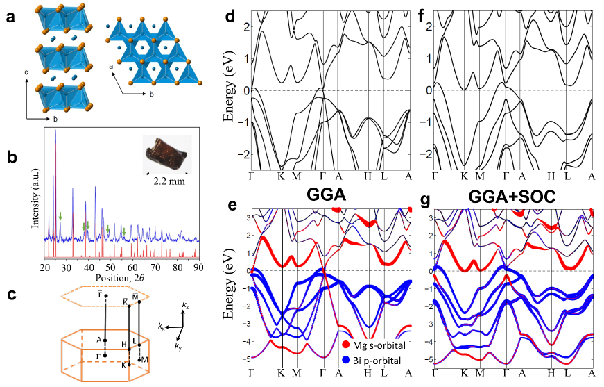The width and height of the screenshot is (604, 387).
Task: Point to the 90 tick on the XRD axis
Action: pos(198,266)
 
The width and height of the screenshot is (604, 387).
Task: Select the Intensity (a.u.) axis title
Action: pos(31,195)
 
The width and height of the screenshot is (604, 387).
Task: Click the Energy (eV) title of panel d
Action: pos(228,90)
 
